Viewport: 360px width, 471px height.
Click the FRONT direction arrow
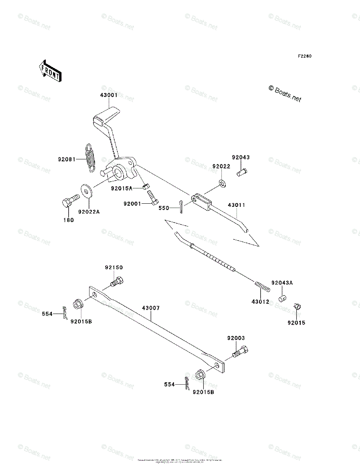50,70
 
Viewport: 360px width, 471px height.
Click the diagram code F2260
304,56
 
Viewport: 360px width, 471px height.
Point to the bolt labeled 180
69,203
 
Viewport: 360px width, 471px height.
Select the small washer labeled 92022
222,183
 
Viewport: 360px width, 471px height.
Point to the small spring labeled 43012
262,286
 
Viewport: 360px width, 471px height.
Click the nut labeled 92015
297,307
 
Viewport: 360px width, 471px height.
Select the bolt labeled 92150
117,281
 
